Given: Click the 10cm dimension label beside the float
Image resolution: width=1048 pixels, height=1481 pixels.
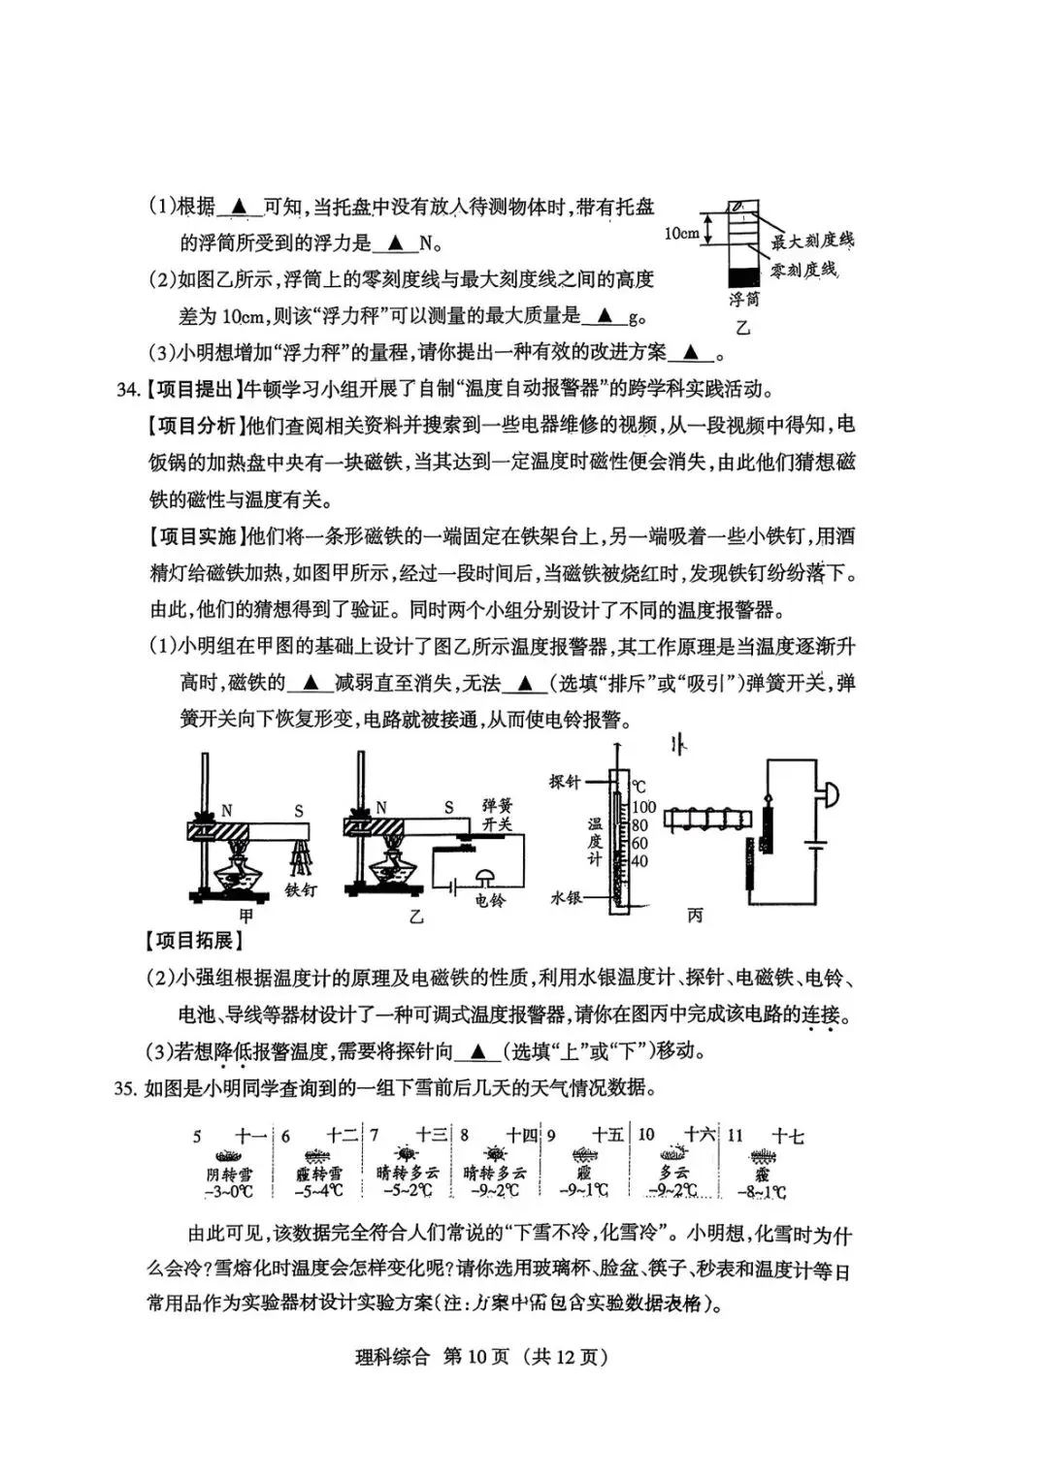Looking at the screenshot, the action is point(681,234).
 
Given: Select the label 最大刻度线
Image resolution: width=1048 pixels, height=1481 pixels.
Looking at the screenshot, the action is point(812,240).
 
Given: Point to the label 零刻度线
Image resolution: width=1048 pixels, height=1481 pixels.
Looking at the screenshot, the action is point(803,270).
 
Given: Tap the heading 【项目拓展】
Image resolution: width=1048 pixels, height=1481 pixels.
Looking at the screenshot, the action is point(193,940).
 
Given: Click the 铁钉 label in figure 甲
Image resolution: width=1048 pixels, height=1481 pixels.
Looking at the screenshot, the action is point(301,888).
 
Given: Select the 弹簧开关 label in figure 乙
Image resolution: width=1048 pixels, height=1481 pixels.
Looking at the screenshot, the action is point(497,815).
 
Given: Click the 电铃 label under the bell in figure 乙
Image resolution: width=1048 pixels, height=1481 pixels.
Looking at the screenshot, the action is point(490,900).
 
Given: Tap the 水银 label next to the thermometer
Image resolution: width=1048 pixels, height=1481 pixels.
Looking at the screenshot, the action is point(566,898).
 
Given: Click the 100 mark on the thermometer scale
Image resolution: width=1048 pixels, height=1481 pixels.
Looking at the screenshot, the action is point(643,807).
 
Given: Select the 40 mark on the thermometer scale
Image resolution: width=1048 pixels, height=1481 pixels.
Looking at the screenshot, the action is point(639,861).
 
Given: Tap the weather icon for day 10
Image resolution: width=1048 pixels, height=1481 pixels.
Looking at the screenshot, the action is point(673,1154).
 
